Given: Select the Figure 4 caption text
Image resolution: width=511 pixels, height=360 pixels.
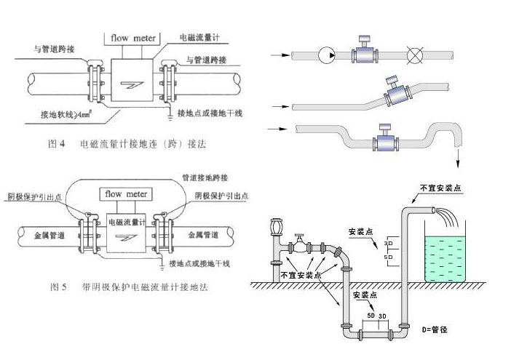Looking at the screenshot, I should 127,144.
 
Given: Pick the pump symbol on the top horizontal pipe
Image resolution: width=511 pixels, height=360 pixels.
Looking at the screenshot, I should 328,55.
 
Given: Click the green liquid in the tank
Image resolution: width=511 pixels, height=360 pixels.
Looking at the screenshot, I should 446,255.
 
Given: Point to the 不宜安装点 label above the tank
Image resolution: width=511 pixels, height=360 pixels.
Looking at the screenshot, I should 441,188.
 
